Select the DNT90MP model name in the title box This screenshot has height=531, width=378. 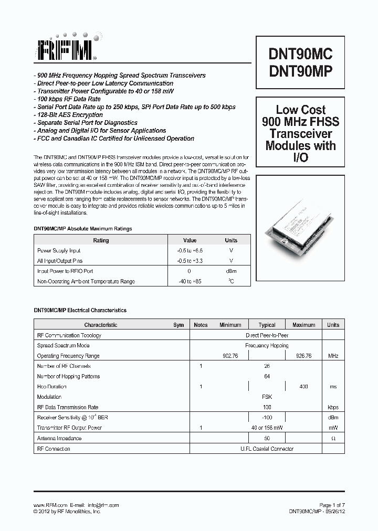point(300,72)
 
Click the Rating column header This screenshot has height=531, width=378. point(101,240)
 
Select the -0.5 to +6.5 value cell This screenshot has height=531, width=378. point(190,251)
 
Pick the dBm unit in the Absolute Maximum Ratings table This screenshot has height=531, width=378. point(231,271)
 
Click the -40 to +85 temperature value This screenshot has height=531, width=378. point(190,282)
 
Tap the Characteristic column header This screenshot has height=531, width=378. point(101,325)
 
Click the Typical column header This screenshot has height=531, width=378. point(267,325)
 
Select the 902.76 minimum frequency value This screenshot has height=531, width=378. point(230,356)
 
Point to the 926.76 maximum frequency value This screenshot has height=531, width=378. point(303,356)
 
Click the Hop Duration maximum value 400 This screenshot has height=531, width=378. point(303,387)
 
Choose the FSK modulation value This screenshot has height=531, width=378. point(267,397)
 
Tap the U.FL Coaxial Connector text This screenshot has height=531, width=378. point(267,449)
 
